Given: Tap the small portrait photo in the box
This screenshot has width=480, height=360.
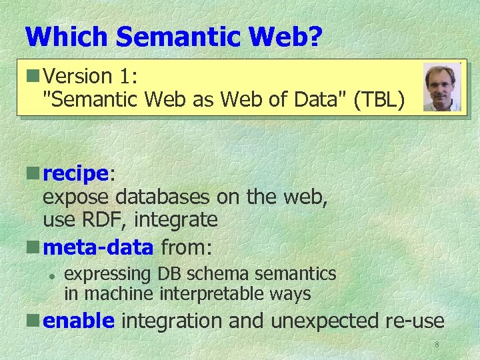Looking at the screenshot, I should pos(441,87).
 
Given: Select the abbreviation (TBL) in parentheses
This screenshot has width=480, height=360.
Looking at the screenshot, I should pos(379,100).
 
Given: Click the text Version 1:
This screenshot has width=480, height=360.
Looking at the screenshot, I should pos(90,77).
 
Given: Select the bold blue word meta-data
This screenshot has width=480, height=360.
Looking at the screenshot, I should pos(98,248).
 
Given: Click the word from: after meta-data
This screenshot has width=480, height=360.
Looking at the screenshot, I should pos(186,248).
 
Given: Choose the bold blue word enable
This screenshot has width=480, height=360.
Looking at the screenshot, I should pos(79,321).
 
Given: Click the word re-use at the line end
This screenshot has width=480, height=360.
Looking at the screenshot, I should pos(415,321).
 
